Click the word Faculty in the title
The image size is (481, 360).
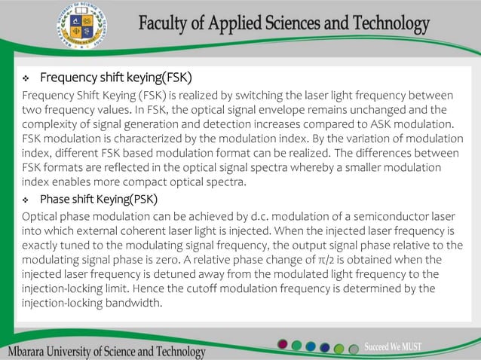click(167, 24)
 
